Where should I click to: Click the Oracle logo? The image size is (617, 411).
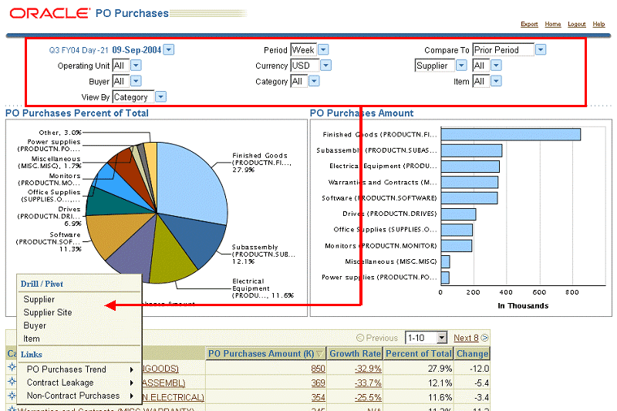[49, 13]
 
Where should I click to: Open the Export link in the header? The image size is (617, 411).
[529, 25]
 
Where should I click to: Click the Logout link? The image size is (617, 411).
[576, 25]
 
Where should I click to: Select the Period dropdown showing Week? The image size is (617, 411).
[309, 50]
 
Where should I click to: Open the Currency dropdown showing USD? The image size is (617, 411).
[309, 66]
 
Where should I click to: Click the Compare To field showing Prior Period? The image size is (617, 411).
[508, 50]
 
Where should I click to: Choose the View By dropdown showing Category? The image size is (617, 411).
[139, 97]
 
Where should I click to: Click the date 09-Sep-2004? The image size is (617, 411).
[137, 50]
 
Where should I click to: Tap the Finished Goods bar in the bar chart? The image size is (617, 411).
[511, 134]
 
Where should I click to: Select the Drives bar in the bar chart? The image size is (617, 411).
[458, 214]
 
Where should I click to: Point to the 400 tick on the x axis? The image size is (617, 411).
[506, 292]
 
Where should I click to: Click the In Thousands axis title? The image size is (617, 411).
[523, 305]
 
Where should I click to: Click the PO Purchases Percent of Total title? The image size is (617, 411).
[77, 113]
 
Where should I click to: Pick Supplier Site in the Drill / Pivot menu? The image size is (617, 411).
[48, 312]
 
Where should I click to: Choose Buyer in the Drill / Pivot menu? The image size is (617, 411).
[35, 325]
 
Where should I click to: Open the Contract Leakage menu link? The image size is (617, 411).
[60, 382]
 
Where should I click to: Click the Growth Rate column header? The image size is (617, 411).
[355, 354]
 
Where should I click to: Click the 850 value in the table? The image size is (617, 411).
[318, 369]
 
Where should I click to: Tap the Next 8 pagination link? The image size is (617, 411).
[466, 338]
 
